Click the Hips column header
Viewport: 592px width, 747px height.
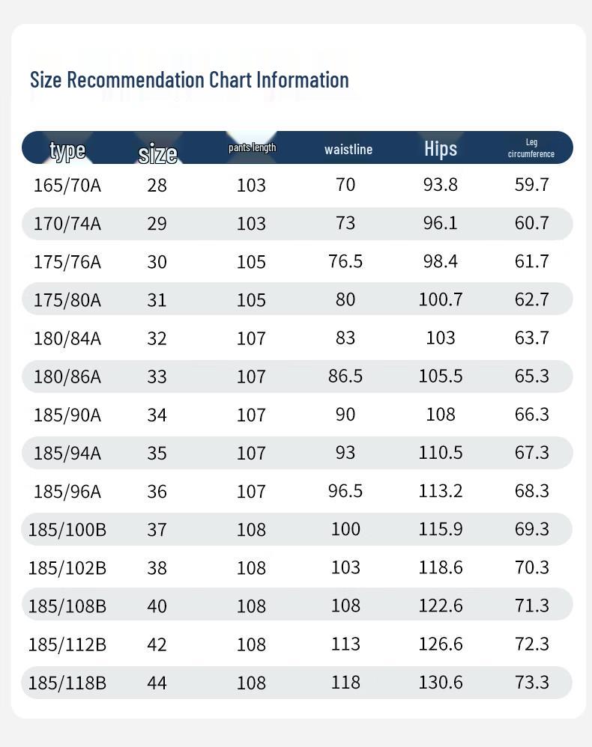point(441,149)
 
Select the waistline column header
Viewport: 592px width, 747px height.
point(348,150)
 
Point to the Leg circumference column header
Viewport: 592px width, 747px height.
point(531,148)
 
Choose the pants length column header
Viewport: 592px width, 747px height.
point(252,147)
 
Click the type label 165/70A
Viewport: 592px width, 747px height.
point(67,185)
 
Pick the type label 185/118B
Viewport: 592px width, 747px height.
point(67,683)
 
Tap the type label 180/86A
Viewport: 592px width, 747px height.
point(67,376)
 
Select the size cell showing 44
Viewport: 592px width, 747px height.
point(157,683)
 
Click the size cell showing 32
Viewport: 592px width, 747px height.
point(157,338)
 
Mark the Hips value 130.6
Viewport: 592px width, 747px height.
point(441,683)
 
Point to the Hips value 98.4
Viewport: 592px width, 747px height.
point(441,261)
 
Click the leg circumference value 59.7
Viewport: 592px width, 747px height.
point(532,185)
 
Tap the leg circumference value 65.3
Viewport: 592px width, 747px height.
point(532,376)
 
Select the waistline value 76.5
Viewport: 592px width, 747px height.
point(345,261)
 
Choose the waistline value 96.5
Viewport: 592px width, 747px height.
point(345,491)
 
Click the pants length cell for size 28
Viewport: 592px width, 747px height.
point(252,185)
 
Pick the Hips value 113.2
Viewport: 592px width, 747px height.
point(441,491)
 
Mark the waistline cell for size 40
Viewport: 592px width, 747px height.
point(345,606)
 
